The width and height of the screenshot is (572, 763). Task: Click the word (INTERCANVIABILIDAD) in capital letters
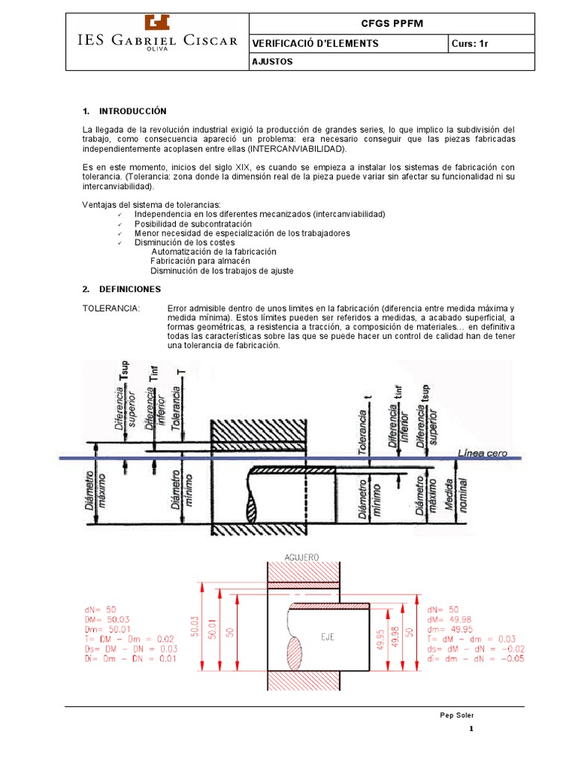point(297,149)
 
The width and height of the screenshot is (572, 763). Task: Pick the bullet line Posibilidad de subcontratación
point(193,224)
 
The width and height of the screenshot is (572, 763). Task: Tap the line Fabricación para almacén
point(200,262)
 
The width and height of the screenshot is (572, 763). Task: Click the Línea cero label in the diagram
point(478,454)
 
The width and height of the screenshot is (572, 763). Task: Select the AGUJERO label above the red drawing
point(302,557)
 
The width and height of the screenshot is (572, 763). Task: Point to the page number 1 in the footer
point(471,730)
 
